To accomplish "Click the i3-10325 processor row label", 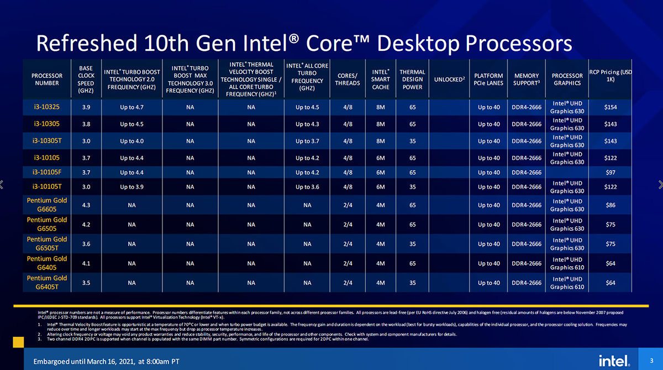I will coord(47,107).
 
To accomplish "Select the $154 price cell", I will coord(611,107).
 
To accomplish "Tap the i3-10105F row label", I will coord(47,172).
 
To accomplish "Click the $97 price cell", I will coord(611,172).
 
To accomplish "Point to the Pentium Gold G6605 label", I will coord(47,205).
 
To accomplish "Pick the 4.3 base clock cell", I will coord(86,205).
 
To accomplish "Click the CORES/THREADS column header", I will coord(348,80).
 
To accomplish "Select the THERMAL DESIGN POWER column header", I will coord(412,80).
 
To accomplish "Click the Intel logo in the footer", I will coord(614,360).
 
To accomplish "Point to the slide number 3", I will coord(652,361).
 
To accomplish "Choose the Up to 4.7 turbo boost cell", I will coord(132,107).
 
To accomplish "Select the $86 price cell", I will coord(611,205).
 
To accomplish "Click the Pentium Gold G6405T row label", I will coord(47,282).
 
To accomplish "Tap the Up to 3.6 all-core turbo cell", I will coord(307,187).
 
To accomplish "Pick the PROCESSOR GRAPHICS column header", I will coord(567,80).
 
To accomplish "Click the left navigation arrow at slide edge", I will coord(3,185).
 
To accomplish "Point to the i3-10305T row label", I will coord(47,141).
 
